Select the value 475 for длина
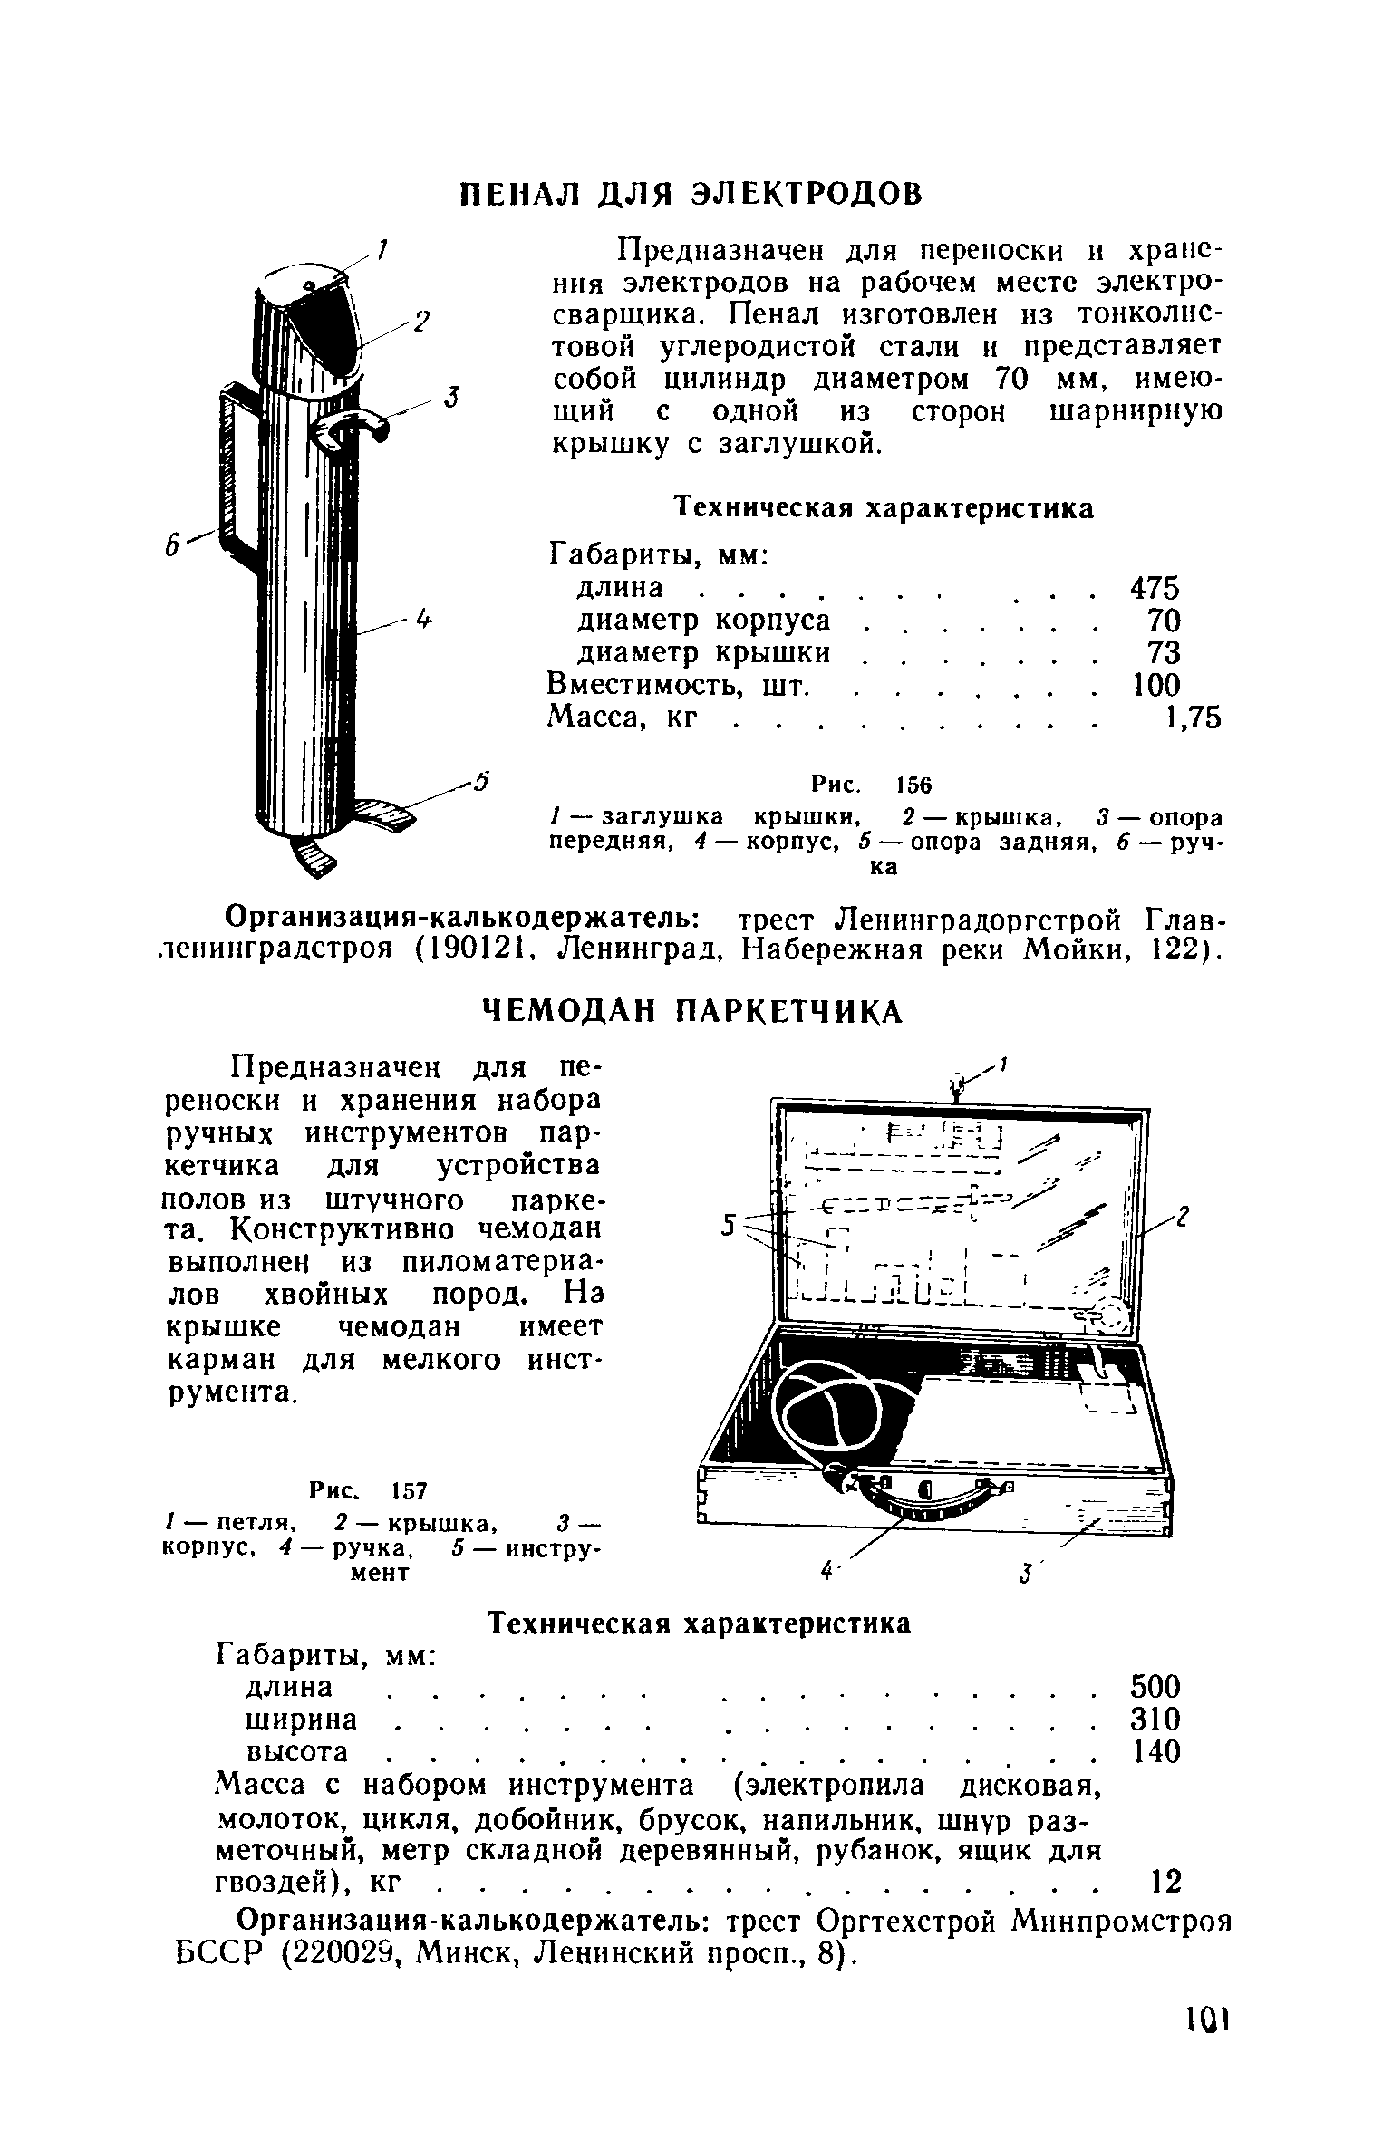click(1155, 588)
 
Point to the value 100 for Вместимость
click(1157, 686)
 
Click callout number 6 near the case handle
click(169, 546)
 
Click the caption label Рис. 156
click(871, 784)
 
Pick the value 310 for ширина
click(1155, 1720)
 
